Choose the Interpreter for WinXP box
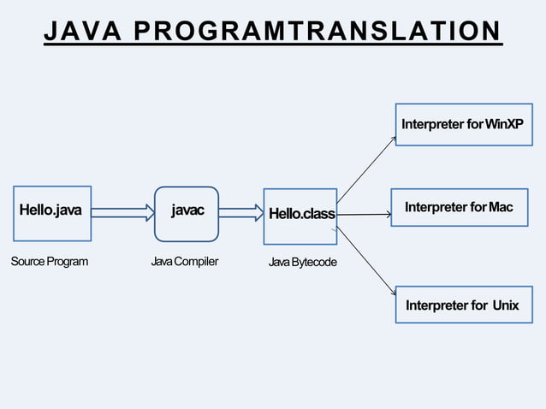coord(462,126)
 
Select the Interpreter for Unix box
coord(462,305)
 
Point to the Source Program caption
coord(49,261)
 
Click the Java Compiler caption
coord(184,261)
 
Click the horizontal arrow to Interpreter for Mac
coord(364,215)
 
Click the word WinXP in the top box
coord(502,126)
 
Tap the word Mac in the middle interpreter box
coord(501,207)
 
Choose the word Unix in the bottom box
coord(505,305)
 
